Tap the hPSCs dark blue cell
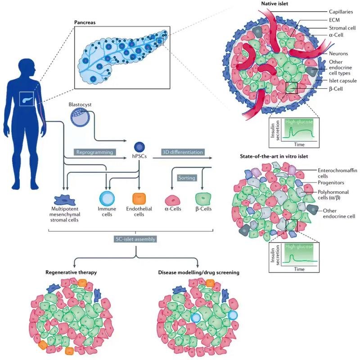click(139, 147)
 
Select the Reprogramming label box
click(95, 152)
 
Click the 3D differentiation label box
click(183, 152)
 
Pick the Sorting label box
click(187, 178)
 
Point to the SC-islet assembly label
click(135, 239)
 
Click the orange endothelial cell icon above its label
click(139, 199)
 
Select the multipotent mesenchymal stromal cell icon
click(65, 200)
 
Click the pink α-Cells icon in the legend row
click(173, 200)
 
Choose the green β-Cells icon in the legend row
click(203, 199)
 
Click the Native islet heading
click(275, 4)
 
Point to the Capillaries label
click(341, 12)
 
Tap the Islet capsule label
click(343, 81)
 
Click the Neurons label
click(338, 54)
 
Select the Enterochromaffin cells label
click(337, 173)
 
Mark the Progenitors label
click(331, 183)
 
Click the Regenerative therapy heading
click(71, 272)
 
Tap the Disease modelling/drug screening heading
click(199, 272)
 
